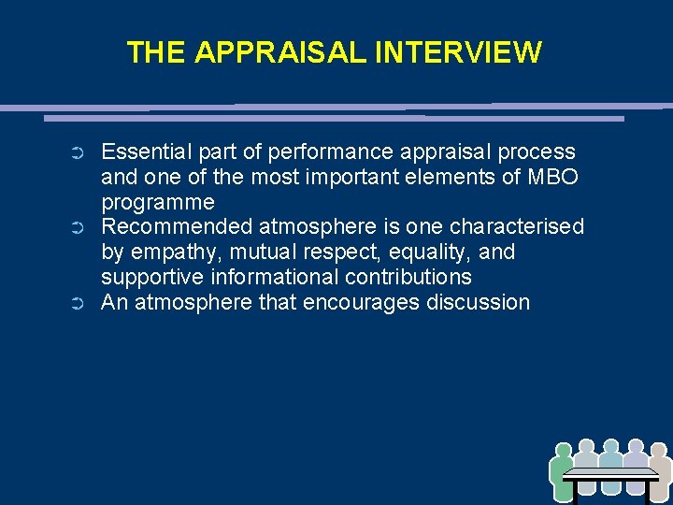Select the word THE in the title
pyautogui.click(x=156, y=52)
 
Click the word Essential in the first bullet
pyautogui.click(x=142, y=151)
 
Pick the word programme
pyautogui.click(x=158, y=202)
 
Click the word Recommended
pyautogui.click(x=177, y=227)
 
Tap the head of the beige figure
pyautogui.click(x=659, y=452)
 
